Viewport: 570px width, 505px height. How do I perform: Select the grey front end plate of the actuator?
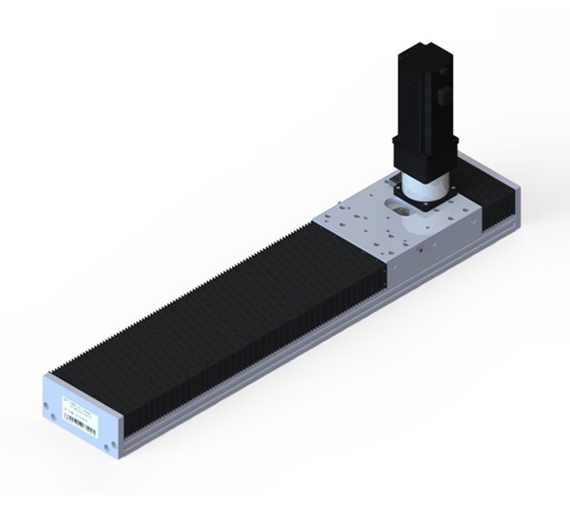click(81, 416)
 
